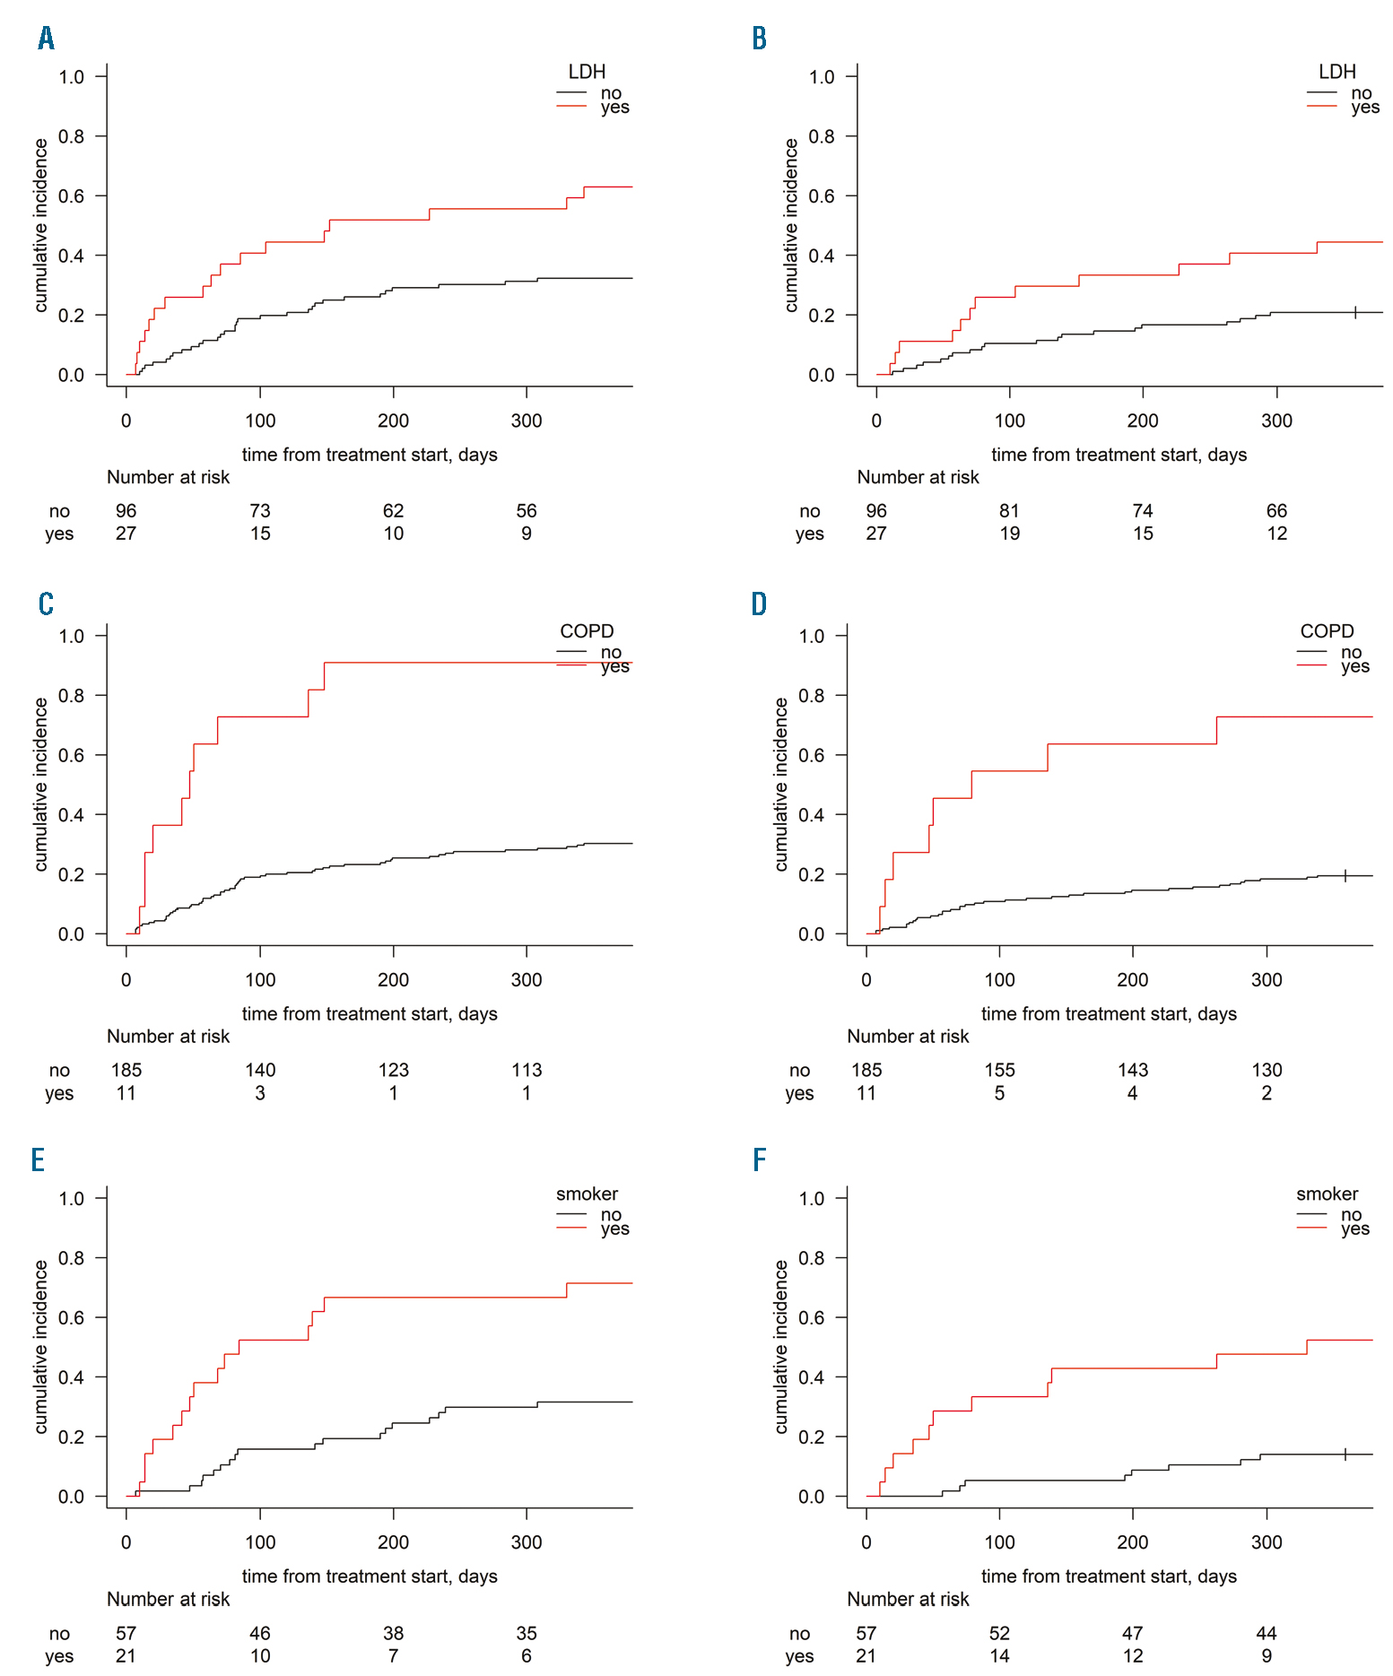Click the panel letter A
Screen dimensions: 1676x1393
[x=46, y=39]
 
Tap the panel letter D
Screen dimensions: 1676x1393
[x=759, y=604]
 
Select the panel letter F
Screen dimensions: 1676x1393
[x=759, y=1160]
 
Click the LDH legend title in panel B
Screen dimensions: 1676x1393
[x=1336, y=72]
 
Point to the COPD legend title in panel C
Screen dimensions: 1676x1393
[x=587, y=631]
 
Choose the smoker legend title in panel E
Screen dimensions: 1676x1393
[x=587, y=1194]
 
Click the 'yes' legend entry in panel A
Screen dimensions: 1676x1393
[x=614, y=108]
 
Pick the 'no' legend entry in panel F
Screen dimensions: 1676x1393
[x=1351, y=1214]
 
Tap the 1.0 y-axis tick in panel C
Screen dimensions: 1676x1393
[x=72, y=636]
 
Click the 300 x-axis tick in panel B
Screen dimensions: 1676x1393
[x=1276, y=421]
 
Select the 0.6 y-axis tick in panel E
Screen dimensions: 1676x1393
[x=72, y=1317]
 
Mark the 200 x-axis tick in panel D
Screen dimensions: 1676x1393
[x=1133, y=980]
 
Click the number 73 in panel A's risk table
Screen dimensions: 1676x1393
[x=260, y=511]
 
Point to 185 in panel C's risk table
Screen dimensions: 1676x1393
[x=126, y=1070]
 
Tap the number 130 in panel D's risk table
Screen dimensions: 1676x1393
[x=1267, y=1070]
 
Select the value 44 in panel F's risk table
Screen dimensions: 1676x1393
[x=1267, y=1633]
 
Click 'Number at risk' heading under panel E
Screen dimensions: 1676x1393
[x=169, y=1599]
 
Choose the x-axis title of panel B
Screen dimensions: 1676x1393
[x=1119, y=455]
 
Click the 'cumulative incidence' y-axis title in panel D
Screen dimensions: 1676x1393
[x=781, y=785]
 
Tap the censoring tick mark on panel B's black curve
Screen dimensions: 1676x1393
[x=1354, y=312]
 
